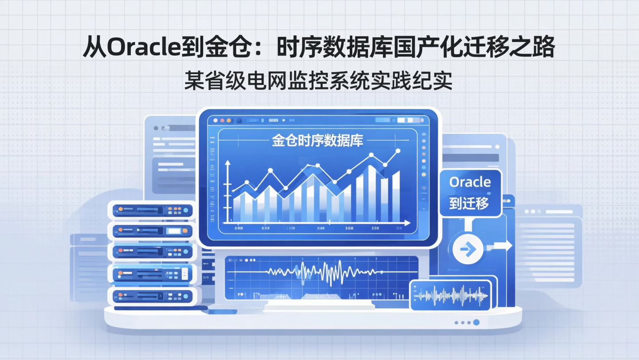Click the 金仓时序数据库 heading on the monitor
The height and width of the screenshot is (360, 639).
[317, 140]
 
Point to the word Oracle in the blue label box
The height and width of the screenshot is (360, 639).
[470, 182]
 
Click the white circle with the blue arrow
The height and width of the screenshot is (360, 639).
[468, 249]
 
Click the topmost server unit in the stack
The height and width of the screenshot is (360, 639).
[152, 210]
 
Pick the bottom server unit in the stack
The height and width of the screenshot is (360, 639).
[152, 296]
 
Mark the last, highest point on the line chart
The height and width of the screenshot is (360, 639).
[398, 152]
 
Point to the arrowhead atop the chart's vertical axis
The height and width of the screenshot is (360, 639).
[228, 164]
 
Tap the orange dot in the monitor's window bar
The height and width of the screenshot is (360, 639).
[229, 120]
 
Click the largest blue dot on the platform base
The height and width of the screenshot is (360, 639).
[476, 322]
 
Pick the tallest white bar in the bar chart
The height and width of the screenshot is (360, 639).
[372, 193]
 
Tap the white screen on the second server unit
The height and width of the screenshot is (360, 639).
[174, 231]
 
